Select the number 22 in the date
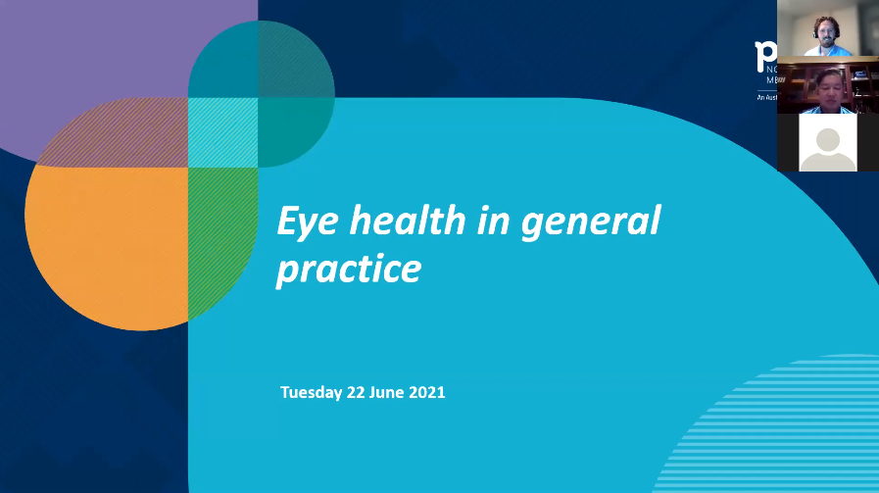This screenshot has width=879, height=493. pos(356,392)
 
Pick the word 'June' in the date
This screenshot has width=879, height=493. pos(388,392)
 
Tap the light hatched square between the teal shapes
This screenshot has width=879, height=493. pos(222,132)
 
